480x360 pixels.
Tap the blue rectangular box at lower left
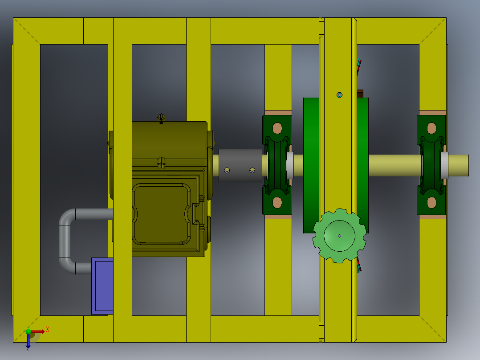[102, 286]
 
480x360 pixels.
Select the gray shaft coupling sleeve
[240, 165]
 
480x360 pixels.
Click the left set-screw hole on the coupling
[227, 170]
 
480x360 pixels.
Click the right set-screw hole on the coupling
[252, 170]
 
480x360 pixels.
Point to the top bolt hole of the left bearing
[277, 128]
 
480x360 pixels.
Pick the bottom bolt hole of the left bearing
[277, 203]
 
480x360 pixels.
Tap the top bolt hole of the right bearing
[431, 128]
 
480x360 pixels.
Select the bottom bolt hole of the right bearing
[431, 203]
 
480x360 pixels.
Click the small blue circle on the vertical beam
[339, 95]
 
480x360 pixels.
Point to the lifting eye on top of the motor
[161, 118]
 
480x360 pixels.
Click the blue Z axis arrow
[28, 342]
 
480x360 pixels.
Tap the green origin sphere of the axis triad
[28, 331]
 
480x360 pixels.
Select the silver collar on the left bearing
[290, 165]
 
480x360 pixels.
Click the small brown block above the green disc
[360, 93]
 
